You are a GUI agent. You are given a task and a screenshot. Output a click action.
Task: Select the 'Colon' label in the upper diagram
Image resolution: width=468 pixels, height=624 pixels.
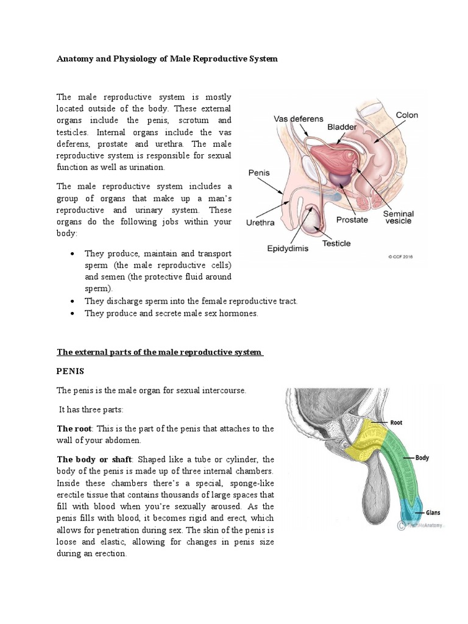[x=407, y=115]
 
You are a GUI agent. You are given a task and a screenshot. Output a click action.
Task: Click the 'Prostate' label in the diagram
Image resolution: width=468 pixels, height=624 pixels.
[x=352, y=220]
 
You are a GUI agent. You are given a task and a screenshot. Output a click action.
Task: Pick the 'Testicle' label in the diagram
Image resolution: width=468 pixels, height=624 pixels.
[x=336, y=244]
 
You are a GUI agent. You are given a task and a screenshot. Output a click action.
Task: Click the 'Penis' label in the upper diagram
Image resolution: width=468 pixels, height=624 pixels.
[x=259, y=173]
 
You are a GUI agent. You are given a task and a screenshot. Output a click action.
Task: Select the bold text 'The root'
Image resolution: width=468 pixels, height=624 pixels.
[x=76, y=429]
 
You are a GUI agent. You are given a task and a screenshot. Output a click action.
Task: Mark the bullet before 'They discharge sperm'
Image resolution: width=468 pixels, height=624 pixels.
[x=73, y=302]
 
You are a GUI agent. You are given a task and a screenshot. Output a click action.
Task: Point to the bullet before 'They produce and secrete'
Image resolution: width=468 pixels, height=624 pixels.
[x=73, y=313]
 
